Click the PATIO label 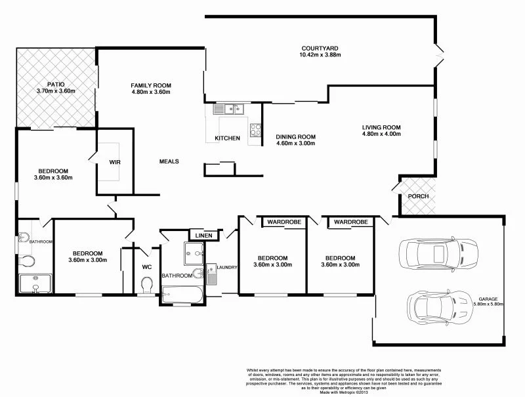[47, 83]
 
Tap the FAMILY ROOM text [150, 85]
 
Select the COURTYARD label [320, 48]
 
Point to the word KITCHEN [227, 138]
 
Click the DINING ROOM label [295, 137]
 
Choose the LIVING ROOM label [381, 127]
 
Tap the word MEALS [169, 161]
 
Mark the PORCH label [418, 196]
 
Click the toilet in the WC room [148, 285]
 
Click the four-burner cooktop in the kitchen [255, 129]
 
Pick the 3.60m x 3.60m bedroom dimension [53, 177]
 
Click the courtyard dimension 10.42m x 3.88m [320, 55]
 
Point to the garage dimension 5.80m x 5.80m [488, 304]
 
